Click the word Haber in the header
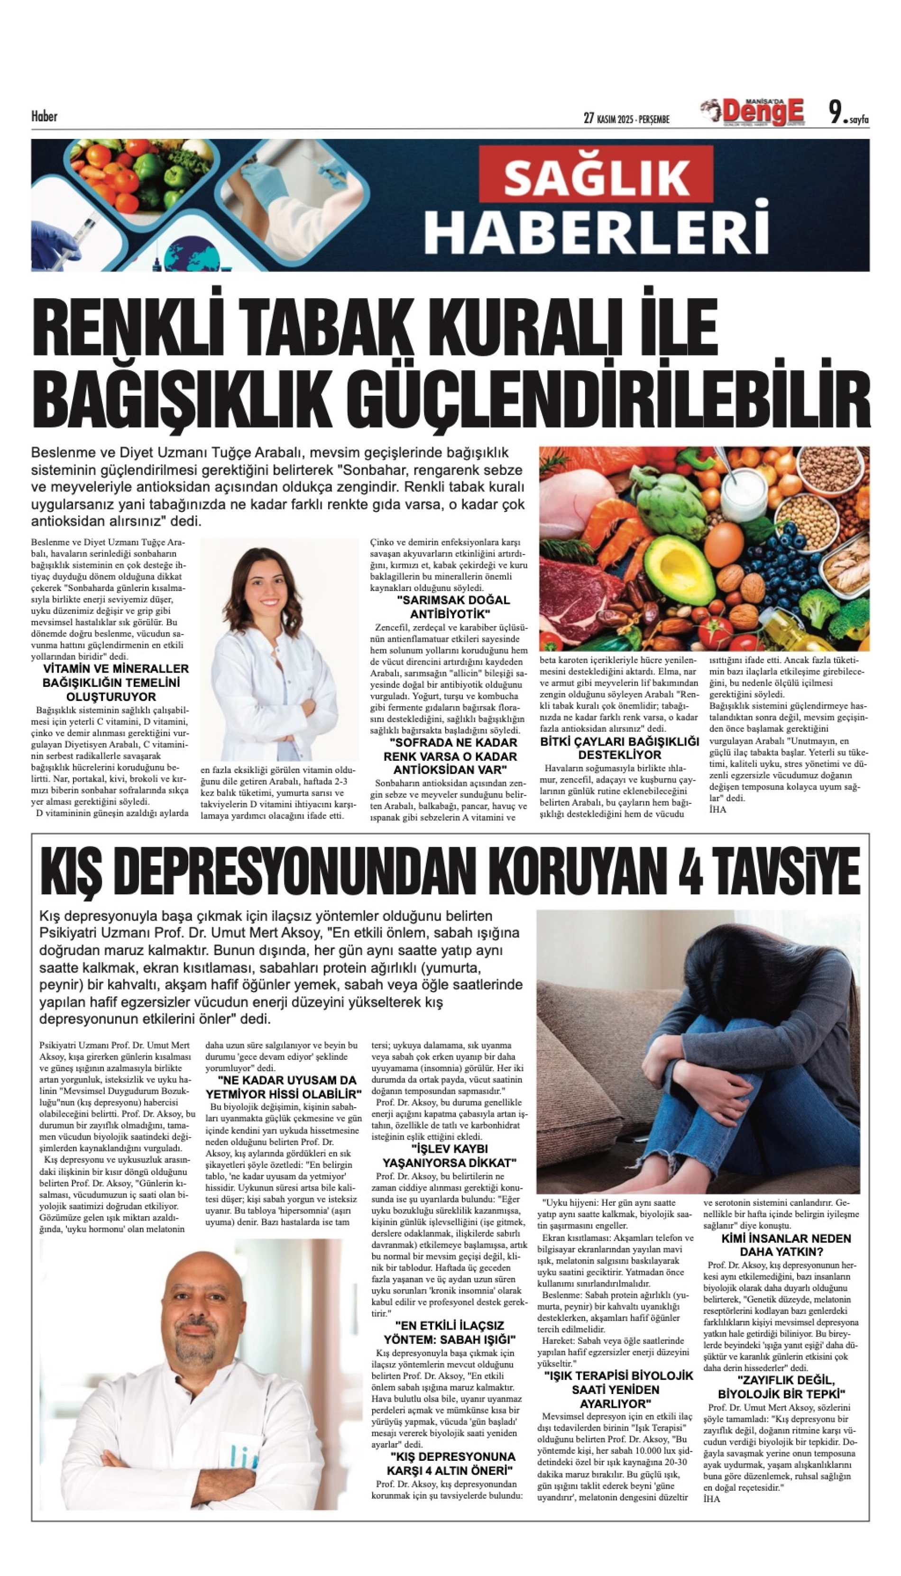44,116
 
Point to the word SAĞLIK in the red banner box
597,178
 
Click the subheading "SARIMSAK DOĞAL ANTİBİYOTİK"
450,607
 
